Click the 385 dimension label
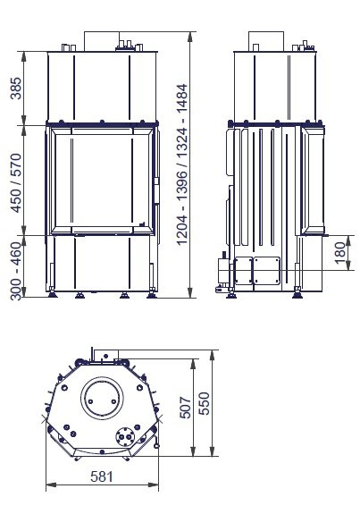pos(16,88)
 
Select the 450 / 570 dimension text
pos(16,183)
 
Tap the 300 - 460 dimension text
pos(16,271)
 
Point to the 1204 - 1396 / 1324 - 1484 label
pos(182,164)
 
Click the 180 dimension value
pos(340,252)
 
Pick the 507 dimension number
pos(186,408)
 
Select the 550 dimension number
pos(204,403)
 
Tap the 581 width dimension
pos(102,476)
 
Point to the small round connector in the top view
pos(125,436)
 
